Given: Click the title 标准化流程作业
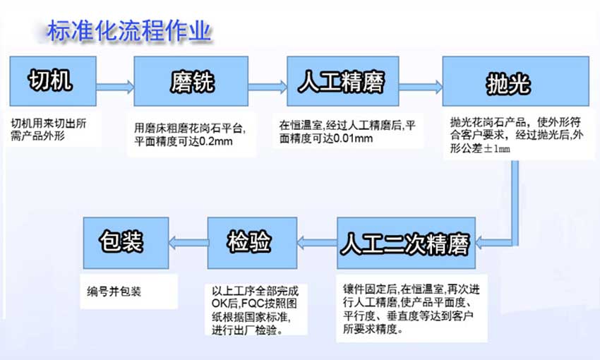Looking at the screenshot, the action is tap(129, 31).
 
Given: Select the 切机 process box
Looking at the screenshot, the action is tap(53, 81).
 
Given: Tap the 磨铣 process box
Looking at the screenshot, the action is tap(191, 81).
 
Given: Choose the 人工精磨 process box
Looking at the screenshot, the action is tap(343, 81).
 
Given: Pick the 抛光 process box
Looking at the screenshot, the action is tap(515, 81).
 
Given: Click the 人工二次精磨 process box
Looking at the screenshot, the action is tap(406, 243).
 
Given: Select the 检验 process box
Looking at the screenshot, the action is tap(252, 243).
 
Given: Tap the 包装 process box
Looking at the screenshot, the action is tap(126, 243).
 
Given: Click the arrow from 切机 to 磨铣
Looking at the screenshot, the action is tap(115, 88).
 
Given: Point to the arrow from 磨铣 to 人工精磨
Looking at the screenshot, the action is tap(268, 88).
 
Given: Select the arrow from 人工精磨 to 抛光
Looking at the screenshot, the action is tap(421, 88).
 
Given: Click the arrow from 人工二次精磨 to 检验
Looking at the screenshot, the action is tap(317, 243).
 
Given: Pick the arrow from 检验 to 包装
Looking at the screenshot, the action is tap(188, 243).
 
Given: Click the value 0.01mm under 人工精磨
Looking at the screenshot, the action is tap(353, 138).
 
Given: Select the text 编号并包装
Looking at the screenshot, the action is tap(114, 292).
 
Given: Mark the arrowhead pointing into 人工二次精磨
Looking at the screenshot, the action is tap(481, 243).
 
